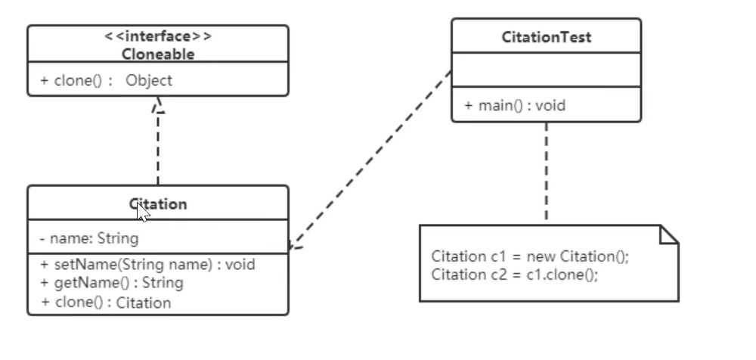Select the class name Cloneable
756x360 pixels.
(158, 54)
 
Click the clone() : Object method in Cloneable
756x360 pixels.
(107, 80)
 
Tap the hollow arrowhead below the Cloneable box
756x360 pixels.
(158, 106)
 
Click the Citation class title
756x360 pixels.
(158, 204)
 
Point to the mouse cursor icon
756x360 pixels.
(142, 212)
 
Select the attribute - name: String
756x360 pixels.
(89, 239)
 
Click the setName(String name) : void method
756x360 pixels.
(148, 265)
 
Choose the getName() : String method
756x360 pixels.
(112, 283)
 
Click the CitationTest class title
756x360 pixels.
(546, 37)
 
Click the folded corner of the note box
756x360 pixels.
(669, 234)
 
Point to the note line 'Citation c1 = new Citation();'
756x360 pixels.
(530, 256)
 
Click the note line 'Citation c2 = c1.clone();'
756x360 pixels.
(515, 275)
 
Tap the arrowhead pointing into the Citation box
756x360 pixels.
(293, 245)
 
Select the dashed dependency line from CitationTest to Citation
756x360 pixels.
(370, 159)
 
